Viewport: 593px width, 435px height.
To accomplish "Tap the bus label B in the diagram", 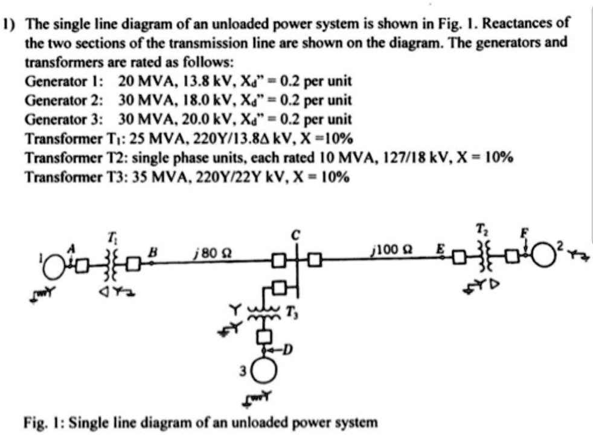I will tap(153, 247).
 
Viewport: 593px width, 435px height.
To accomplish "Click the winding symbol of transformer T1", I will tap(109, 262).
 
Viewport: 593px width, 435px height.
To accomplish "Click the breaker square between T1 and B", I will tap(133, 262).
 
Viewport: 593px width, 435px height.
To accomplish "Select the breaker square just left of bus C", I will tap(277, 261).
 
